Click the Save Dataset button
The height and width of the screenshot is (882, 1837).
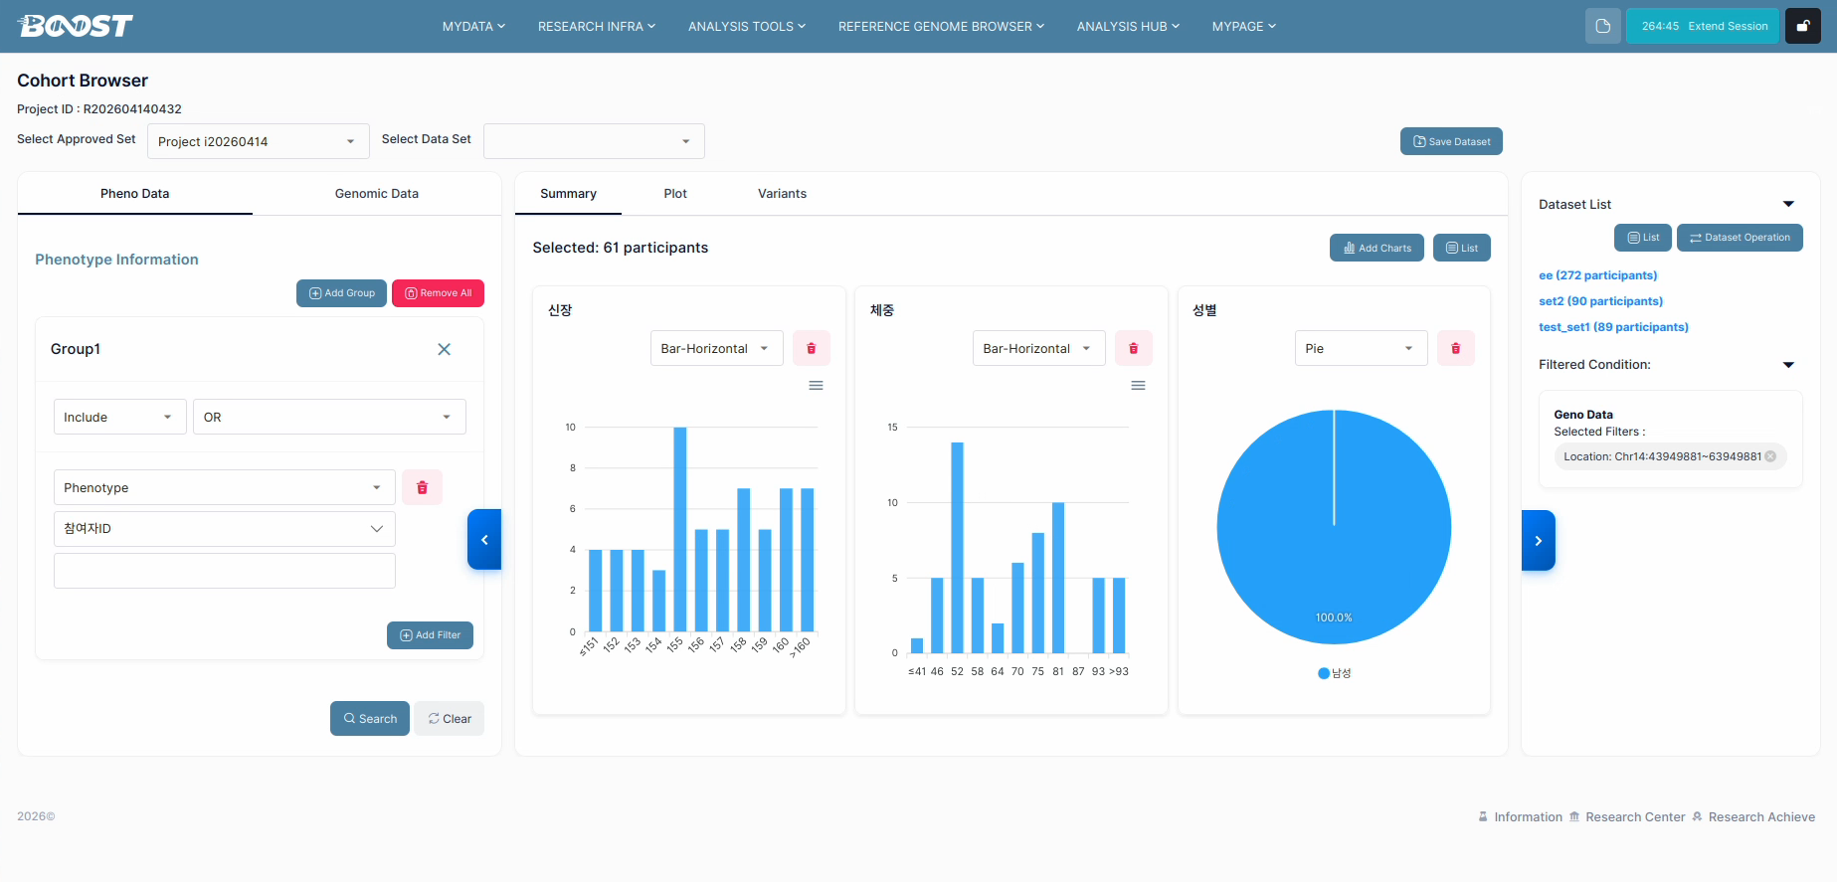(1451, 141)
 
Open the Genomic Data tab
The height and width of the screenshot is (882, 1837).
(377, 194)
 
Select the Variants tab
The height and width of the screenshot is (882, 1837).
(782, 194)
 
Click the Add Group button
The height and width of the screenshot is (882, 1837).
(341, 293)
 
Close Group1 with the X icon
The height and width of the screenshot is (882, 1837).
(445, 349)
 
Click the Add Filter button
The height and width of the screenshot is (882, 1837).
(430, 635)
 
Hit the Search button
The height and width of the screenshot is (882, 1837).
(370, 719)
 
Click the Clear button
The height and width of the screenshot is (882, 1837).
(450, 719)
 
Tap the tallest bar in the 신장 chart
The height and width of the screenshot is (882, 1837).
(680, 529)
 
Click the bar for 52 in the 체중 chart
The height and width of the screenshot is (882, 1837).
(957, 548)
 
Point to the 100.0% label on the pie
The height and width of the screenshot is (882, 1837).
(1334, 617)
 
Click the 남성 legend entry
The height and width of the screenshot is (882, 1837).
(1334, 673)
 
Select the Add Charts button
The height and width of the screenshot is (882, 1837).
(1377, 248)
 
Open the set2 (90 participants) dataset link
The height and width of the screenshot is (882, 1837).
(1600, 301)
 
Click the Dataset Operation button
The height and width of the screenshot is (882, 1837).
(1740, 238)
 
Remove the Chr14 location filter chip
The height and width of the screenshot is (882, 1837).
(1770, 456)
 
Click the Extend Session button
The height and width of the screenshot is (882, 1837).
(1703, 26)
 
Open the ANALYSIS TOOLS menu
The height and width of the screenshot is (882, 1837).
(747, 27)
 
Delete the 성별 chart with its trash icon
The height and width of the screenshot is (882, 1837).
(1456, 348)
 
